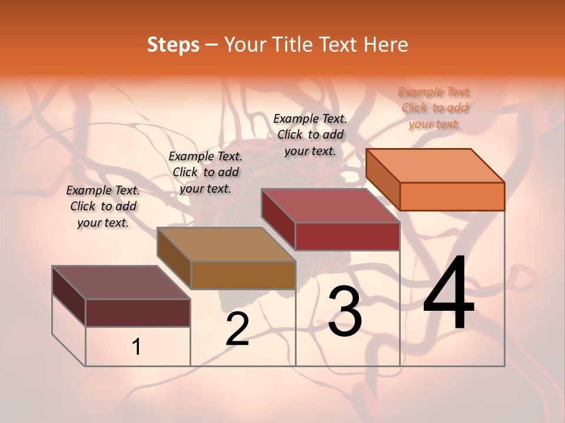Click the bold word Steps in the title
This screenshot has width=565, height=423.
point(173,45)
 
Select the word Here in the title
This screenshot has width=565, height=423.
point(386,45)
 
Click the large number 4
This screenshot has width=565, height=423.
point(448,294)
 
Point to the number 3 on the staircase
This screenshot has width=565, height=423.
point(344,311)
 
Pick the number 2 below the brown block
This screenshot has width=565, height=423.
point(237,329)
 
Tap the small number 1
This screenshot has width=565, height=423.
point(137,347)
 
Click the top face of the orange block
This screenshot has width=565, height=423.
point(436,165)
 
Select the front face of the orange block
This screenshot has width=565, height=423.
point(452,196)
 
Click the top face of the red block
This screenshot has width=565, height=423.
point(331,206)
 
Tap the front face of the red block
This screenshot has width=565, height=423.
point(347,236)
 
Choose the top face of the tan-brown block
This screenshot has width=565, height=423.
point(226,244)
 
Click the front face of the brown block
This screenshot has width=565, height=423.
point(243,275)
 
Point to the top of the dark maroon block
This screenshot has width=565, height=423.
point(121,283)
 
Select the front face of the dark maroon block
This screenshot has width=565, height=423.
point(138,313)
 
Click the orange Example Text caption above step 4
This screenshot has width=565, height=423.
point(435,108)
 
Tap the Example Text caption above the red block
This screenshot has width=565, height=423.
point(310,135)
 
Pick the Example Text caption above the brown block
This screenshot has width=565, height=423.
point(205,172)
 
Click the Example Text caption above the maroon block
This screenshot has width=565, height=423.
point(103,206)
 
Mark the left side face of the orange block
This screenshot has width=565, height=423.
point(383,179)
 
